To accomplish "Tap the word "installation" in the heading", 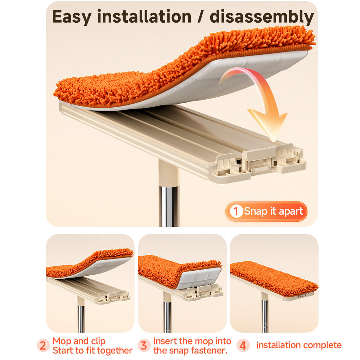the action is click(144, 16).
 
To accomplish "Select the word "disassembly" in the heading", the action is click(262, 17).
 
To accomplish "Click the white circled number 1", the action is click(236, 211).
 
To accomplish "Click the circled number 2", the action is click(43, 346).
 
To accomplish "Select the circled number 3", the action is click(144, 346).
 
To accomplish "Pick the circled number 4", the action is click(243, 346).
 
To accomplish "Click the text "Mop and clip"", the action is click(79, 341).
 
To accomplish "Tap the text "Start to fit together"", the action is click(93, 351).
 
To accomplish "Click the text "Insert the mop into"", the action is click(192, 341).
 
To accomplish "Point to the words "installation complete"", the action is click(299, 345).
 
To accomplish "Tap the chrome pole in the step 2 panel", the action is click(81, 319).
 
